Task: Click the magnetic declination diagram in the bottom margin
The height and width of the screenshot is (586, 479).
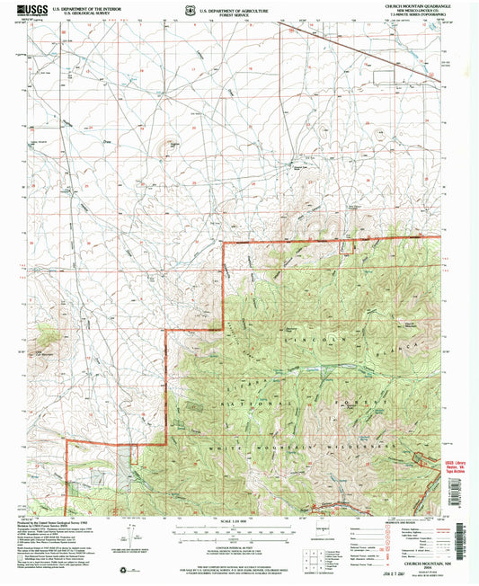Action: click(x=139, y=537)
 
